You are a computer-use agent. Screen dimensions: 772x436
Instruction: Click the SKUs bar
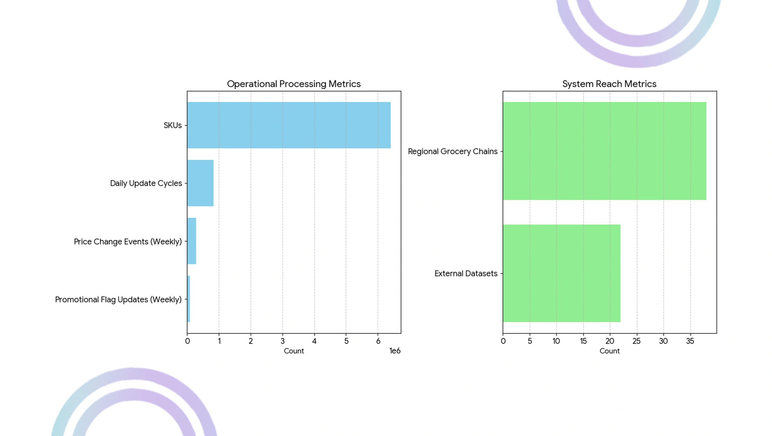pyautogui.click(x=289, y=125)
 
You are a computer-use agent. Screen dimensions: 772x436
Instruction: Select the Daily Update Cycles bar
pyautogui.click(x=200, y=183)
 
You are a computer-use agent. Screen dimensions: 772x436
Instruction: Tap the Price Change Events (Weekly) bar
pyautogui.click(x=192, y=241)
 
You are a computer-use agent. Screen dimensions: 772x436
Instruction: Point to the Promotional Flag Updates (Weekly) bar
pyautogui.click(x=188, y=299)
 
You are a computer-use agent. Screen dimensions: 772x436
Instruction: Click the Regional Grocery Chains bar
pyautogui.click(x=604, y=151)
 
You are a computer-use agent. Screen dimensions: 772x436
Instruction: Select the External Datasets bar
pyautogui.click(x=561, y=273)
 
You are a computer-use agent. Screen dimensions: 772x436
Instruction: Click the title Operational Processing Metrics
pyautogui.click(x=294, y=84)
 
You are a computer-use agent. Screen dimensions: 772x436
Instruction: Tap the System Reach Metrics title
pyautogui.click(x=609, y=84)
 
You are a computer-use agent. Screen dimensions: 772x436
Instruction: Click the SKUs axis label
pyautogui.click(x=173, y=125)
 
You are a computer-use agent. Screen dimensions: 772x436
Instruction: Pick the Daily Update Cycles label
pyautogui.click(x=146, y=183)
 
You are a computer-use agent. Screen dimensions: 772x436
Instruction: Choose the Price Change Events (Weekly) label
pyautogui.click(x=128, y=241)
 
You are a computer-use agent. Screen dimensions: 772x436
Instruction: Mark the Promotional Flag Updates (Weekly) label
pyautogui.click(x=118, y=299)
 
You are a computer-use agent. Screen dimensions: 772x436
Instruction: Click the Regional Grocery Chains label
pyautogui.click(x=453, y=152)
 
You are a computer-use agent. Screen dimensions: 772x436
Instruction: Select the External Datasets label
pyautogui.click(x=466, y=273)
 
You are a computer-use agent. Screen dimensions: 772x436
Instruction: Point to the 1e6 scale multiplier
pyautogui.click(x=395, y=351)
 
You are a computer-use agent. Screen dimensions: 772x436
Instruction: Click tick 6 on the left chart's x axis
pyautogui.click(x=378, y=341)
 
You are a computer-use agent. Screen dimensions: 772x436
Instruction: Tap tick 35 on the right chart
pyautogui.click(x=690, y=341)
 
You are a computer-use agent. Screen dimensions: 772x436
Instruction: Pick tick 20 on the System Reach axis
pyautogui.click(x=610, y=341)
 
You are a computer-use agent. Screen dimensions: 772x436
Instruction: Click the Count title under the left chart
pyautogui.click(x=294, y=351)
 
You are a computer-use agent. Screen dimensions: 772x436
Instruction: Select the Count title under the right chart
pyautogui.click(x=610, y=351)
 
